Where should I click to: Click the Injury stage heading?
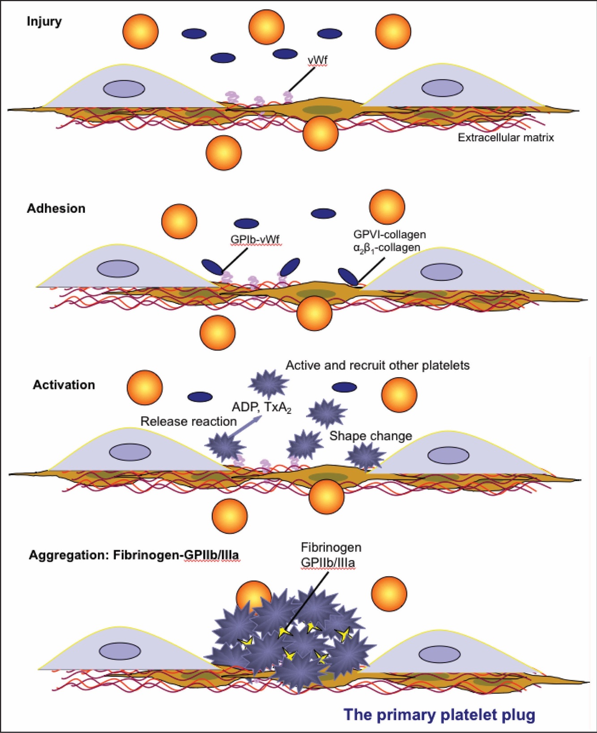pos(44,22)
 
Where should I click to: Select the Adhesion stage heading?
pos(56,208)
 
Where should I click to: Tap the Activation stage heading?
pos(64,385)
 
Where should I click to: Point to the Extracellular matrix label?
pos(506,138)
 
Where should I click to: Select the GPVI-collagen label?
pos(389,234)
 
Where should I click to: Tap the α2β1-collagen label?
pos(387,247)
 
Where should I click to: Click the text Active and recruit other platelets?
pos(378,366)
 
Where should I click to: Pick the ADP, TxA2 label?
pos(261,407)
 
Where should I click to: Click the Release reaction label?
pos(188,422)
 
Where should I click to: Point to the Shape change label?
pos(371,436)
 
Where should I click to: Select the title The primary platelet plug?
pos(439,714)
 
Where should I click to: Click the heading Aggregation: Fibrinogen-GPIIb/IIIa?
pos(134,555)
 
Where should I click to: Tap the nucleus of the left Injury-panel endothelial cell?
pos(124,89)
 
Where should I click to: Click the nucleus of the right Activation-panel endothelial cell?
pos(448,455)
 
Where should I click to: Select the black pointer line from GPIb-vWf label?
pos(235,259)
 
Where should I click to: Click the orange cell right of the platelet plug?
pos(389,595)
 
